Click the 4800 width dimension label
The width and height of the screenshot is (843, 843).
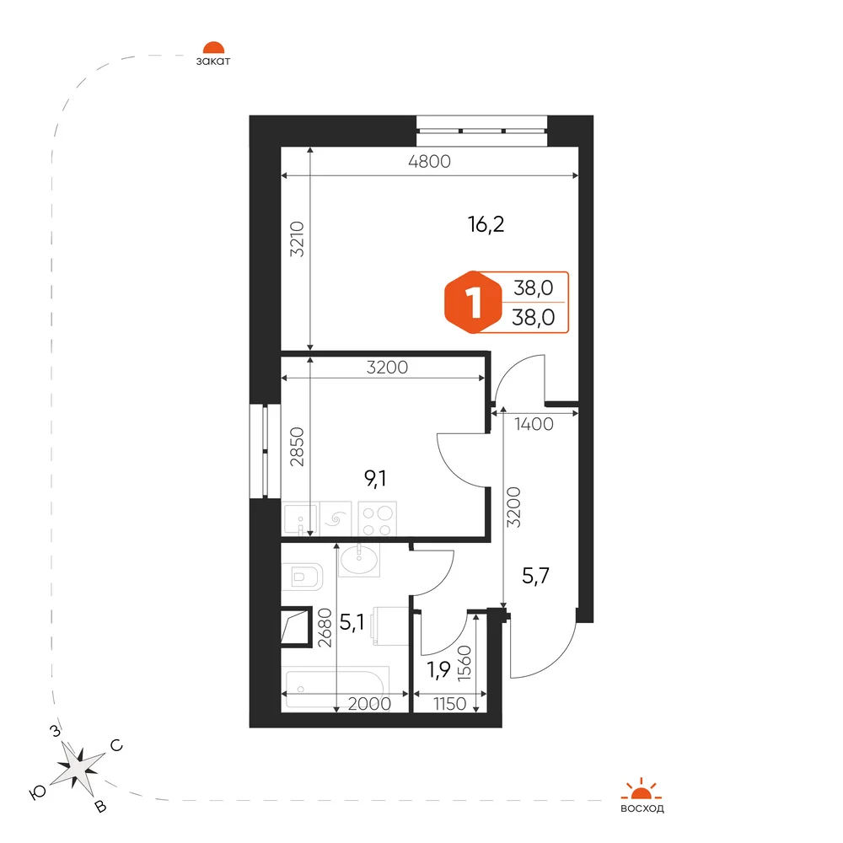pos(429,161)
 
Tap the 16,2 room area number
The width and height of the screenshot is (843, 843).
pos(486,224)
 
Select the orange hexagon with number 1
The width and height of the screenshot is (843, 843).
pos(473,303)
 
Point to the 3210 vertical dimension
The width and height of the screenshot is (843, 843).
pos(297,239)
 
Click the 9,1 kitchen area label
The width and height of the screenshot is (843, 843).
pos(375,477)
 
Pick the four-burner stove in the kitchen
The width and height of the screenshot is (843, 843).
pos(378,518)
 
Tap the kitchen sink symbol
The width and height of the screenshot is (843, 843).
pos(301,518)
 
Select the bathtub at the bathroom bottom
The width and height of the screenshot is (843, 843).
pos(335,688)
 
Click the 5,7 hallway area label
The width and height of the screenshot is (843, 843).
pos(535,576)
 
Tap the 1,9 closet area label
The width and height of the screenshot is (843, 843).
pos(438,670)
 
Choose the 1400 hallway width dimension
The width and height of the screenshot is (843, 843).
pos(534,424)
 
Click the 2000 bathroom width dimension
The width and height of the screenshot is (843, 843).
pos(369,704)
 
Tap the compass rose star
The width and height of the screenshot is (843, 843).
pos(78,767)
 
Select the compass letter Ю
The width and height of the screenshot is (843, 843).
pos(37,792)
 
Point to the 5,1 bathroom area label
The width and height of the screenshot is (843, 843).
pos(352,623)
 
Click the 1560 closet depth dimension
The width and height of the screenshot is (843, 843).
pos(464,663)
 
